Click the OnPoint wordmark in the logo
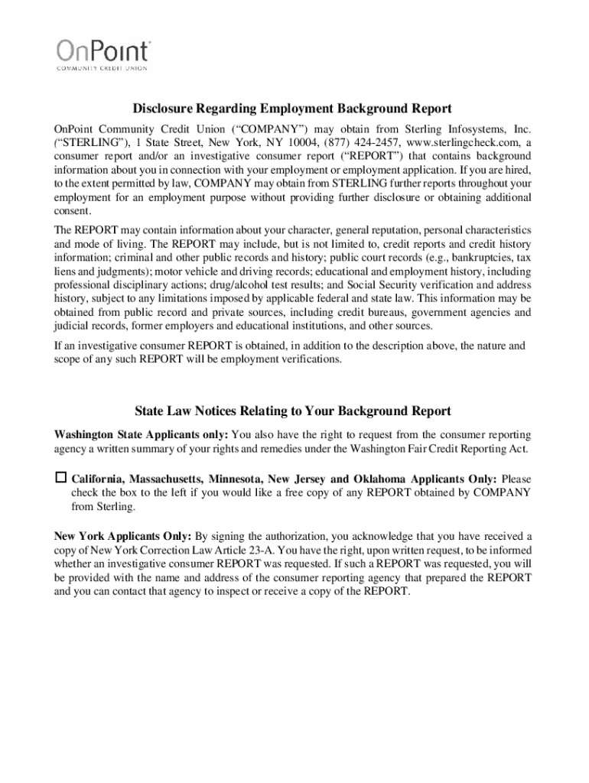(104, 52)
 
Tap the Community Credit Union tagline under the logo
(104, 68)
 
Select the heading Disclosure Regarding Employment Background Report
(292, 109)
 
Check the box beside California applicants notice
(60, 478)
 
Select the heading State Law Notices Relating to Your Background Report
(292, 411)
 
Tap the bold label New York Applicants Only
(123, 536)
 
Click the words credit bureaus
(382, 312)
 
